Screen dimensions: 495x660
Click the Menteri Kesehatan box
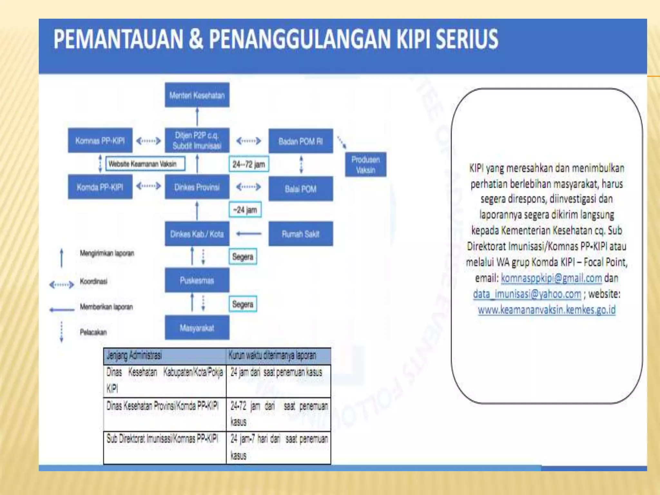click(x=197, y=95)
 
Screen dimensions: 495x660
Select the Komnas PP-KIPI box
click(x=100, y=141)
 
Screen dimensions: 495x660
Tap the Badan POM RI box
click(x=300, y=141)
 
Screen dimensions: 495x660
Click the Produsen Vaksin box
click(x=365, y=165)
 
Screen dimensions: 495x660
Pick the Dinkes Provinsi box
click(x=197, y=187)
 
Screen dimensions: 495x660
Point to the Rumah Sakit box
click(x=300, y=234)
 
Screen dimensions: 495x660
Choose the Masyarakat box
click(x=197, y=328)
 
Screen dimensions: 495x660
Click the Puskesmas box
click(x=197, y=280)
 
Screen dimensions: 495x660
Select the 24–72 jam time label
click(x=248, y=164)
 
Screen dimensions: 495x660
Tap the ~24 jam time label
click(x=245, y=210)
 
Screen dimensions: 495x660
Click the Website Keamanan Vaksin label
click(x=145, y=164)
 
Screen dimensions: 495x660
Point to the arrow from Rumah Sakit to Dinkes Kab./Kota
click(x=248, y=234)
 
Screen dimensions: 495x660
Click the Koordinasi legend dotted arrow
click(x=62, y=285)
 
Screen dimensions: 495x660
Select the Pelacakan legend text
click(x=93, y=332)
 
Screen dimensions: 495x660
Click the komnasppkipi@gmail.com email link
click(x=551, y=278)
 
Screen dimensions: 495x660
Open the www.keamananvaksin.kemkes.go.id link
click(x=547, y=310)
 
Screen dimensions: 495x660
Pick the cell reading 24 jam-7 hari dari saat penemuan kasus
click(x=278, y=447)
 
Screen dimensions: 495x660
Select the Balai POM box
click(x=300, y=189)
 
